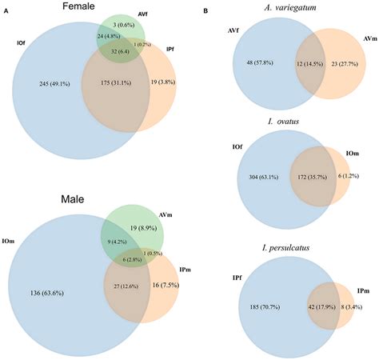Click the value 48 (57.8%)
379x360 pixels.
click(253, 63)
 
